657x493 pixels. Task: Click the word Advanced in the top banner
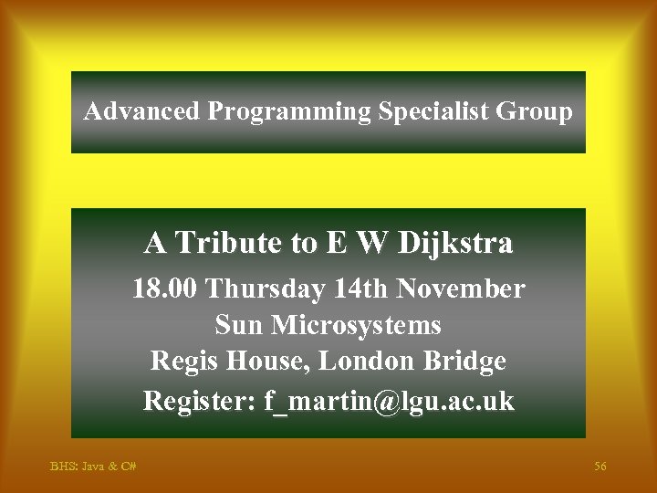pos(141,112)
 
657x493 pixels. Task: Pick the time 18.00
pos(165,289)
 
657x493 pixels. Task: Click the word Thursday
pos(266,289)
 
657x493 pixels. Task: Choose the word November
pos(464,289)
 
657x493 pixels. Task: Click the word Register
pos(198,400)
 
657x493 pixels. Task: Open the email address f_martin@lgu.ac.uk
pos(389,400)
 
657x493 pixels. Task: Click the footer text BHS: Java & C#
pos(93,467)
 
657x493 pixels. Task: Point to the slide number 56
pos(600,467)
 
